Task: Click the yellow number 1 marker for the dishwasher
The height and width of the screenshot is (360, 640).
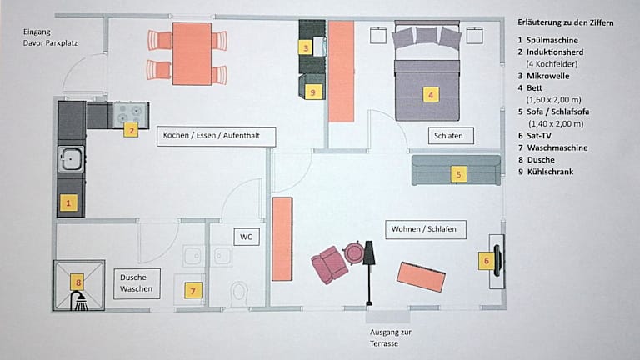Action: click(x=68, y=202)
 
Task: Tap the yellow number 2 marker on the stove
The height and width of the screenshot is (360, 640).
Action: click(x=130, y=129)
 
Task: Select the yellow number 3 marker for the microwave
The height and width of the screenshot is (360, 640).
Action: click(x=307, y=48)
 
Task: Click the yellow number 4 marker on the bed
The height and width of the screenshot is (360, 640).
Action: click(x=430, y=95)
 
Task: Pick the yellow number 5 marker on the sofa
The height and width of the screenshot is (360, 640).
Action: click(x=457, y=174)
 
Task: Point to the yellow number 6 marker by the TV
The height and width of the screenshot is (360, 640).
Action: click(x=486, y=261)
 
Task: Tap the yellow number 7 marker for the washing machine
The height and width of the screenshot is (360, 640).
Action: click(x=193, y=291)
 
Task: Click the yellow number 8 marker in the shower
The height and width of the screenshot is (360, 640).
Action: click(x=78, y=282)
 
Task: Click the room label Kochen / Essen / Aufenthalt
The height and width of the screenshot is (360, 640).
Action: click(x=216, y=137)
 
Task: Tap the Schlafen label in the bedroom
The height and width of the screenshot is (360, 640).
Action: click(x=448, y=135)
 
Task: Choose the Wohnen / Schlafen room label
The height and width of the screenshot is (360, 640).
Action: click(x=424, y=228)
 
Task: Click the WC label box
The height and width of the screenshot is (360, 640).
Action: click(x=247, y=237)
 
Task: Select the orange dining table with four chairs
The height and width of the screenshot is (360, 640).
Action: click(x=192, y=53)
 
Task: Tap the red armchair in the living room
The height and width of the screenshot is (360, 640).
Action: click(x=329, y=265)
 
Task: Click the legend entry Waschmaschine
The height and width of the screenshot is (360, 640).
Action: click(x=557, y=147)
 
